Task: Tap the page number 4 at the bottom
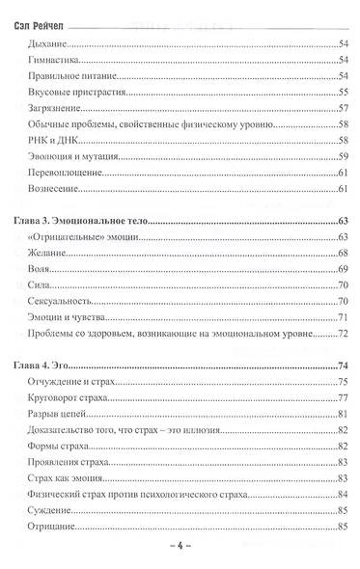coord(180,545)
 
